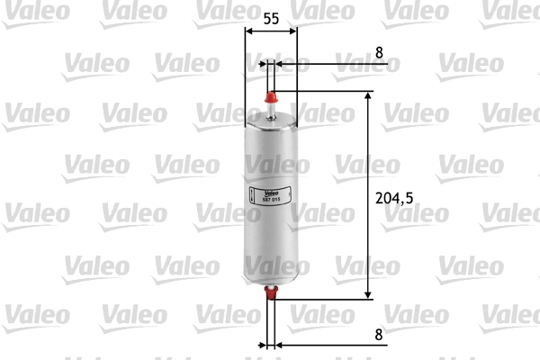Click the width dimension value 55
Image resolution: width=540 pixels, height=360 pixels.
point(271,18)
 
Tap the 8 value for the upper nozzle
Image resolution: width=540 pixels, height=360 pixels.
point(379,53)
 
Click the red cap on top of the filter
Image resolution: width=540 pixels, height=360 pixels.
point(271,94)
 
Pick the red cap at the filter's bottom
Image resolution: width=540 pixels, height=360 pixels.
point(271,289)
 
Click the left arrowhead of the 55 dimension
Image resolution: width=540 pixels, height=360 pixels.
point(249,33)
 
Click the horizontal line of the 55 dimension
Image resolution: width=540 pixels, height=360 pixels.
point(271,33)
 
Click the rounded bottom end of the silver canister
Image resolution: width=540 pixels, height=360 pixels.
point(271,274)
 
